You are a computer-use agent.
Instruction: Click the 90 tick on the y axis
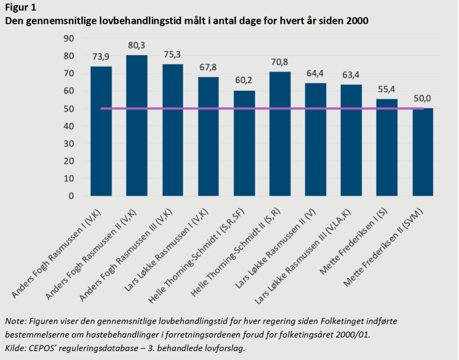click(x=69, y=39)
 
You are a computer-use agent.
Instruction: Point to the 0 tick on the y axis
click(x=71, y=196)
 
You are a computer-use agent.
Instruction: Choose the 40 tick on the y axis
click(x=69, y=126)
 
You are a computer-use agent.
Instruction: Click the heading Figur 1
click(x=21, y=7)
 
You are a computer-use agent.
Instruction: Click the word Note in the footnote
click(x=14, y=321)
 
